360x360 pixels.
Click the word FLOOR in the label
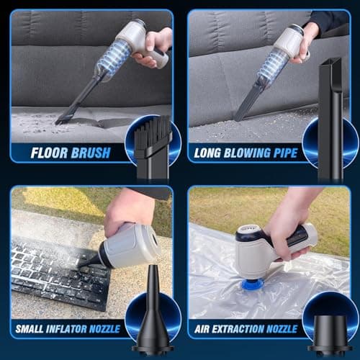point(49,153)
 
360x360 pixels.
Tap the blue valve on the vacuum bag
point(250,273)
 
